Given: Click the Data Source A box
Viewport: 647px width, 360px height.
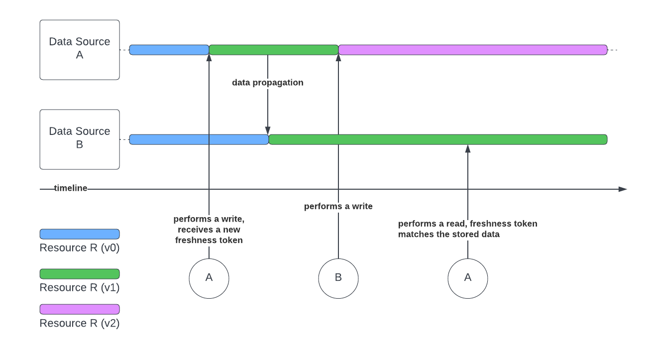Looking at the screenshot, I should [x=80, y=50].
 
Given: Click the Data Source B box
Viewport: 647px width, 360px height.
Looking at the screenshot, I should [x=80, y=139].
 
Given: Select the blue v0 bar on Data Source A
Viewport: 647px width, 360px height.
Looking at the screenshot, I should [x=169, y=50].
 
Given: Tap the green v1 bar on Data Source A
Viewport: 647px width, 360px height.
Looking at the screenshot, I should [x=274, y=50].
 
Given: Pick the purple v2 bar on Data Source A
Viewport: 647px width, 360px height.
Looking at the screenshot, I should [x=473, y=50].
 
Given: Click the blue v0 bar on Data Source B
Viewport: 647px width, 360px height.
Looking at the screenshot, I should [x=199, y=139].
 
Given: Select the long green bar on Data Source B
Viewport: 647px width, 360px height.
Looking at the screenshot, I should [x=438, y=139].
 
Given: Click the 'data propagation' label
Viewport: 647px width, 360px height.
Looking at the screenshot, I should [x=268, y=83].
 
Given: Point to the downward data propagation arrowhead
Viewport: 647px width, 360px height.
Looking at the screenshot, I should [x=268, y=130].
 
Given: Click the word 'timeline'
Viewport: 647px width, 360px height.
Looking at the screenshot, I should [x=71, y=188].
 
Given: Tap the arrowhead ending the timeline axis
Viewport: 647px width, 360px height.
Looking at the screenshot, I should [x=623, y=189].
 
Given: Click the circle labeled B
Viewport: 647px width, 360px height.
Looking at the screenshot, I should [x=338, y=278].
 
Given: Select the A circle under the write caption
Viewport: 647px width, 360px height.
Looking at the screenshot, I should [x=209, y=278].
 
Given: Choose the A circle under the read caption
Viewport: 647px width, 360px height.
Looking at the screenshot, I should [x=468, y=278].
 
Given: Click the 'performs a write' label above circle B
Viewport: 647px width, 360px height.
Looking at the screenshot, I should [x=338, y=206].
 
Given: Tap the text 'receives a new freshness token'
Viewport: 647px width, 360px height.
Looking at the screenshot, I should [x=209, y=235].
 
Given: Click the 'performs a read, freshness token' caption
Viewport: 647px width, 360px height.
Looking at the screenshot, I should [x=468, y=224].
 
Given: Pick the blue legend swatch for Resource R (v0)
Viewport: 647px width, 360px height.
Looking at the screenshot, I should [x=80, y=234].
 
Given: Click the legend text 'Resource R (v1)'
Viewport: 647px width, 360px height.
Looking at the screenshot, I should [x=80, y=288].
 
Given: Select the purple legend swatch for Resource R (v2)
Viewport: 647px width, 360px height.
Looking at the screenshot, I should [x=80, y=309].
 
